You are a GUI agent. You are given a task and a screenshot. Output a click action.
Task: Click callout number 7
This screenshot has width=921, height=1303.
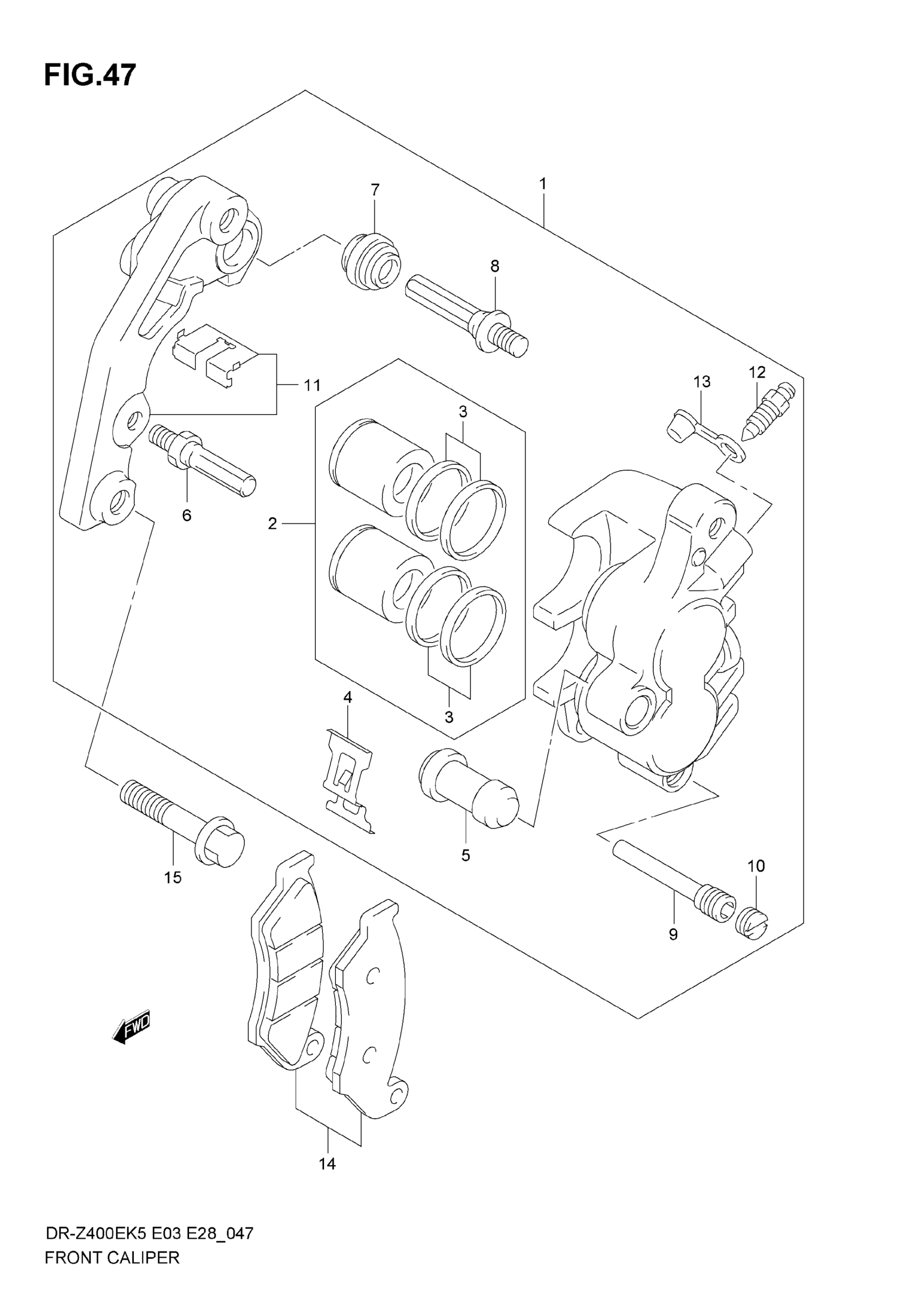pos(374,190)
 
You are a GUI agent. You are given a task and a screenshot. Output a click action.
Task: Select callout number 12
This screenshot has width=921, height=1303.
pos(757,372)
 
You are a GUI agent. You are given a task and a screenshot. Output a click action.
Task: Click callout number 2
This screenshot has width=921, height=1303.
pos(273,523)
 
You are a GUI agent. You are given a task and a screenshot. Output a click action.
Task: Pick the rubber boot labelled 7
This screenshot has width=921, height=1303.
pos(372,262)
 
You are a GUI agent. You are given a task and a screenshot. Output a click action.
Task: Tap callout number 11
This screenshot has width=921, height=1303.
pos(312,385)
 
